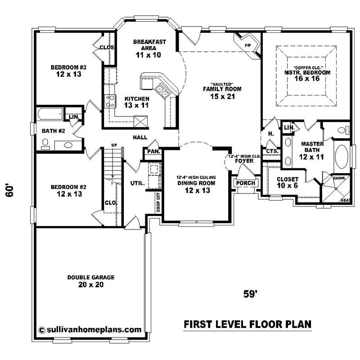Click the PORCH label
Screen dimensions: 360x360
pos(245,183)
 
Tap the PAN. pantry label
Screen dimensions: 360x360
pos(153,152)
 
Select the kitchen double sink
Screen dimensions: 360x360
pos(162,92)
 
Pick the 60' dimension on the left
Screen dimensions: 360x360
pos(10,189)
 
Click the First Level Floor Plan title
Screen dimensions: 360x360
pos(247,324)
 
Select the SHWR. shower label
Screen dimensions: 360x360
pos(339,178)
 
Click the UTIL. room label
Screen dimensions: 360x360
pos(137,184)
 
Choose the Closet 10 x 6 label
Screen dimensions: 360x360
pos(288,182)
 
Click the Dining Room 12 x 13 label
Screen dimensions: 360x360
pos(195,187)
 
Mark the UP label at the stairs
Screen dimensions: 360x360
pos(114,145)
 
